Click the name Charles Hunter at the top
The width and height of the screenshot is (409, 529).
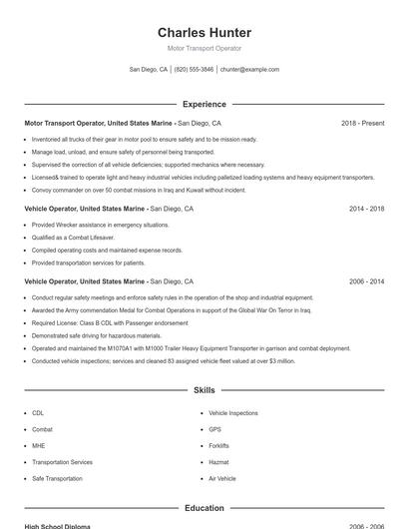pos(204,32)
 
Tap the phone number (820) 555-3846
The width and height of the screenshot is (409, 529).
pos(195,70)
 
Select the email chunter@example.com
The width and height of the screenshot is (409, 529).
pos(249,70)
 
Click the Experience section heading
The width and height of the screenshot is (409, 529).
pos(204,104)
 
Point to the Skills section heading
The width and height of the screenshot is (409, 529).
pos(204,390)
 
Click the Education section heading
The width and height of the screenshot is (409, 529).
pos(204,508)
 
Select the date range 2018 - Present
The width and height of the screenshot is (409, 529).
pos(362,123)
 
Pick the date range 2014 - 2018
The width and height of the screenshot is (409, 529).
pos(366,210)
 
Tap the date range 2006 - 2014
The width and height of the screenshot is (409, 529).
pos(366,282)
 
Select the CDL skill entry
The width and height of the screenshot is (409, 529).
pos(38,412)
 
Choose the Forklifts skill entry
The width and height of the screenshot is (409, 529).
pos(218,445)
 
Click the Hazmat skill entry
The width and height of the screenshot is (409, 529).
pos(217,462)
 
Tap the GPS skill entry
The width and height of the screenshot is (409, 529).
pos(214,429)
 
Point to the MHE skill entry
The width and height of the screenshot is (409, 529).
pos(38,445)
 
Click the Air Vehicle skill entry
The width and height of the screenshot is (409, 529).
pos(222,479)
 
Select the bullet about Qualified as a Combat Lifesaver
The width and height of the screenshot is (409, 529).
pos(72,238)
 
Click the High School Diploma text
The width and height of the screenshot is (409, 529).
pos(58,525)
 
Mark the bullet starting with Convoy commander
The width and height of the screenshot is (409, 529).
pos(125,189)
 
